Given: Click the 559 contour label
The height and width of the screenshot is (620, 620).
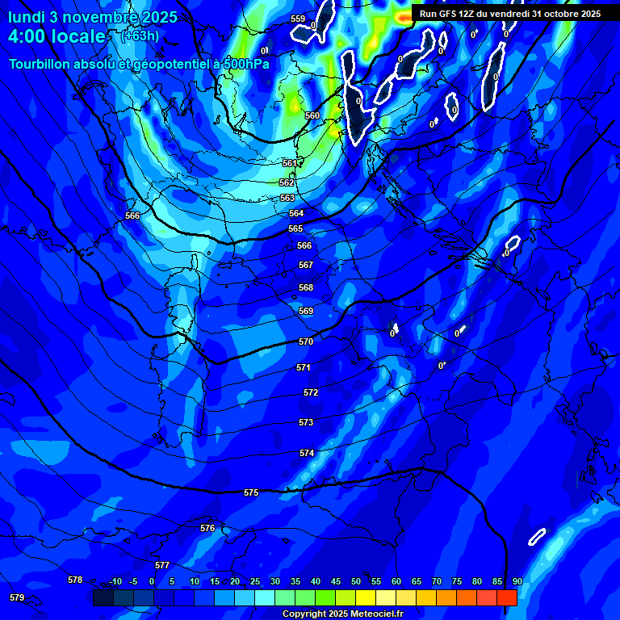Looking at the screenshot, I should coord(298,19).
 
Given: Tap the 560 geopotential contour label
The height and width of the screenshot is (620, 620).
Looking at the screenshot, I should coord(312,115).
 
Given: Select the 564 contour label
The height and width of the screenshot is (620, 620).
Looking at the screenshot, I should coord(296,213).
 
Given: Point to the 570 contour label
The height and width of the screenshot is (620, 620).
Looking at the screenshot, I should coord(306,341).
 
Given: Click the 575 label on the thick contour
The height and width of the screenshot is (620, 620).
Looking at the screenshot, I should coord(251,492).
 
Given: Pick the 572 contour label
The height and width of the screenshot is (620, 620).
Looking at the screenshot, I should coord(311,392).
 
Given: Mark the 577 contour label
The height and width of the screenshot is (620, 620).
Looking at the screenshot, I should coord(162,565).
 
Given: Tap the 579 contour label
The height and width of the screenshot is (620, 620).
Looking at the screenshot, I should coord(17,597).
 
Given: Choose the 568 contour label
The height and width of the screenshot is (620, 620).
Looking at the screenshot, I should coord(306,287).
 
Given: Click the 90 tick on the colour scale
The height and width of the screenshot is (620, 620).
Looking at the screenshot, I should coord(517,581).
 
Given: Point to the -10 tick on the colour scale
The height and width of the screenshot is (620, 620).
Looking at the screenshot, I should coord(115,581).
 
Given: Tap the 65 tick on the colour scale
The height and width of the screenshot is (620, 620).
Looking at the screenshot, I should coord(417,581).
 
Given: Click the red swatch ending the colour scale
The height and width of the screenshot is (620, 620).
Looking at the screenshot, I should coord(507,597).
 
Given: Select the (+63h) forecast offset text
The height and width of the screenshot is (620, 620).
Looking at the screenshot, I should coord(140,36).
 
